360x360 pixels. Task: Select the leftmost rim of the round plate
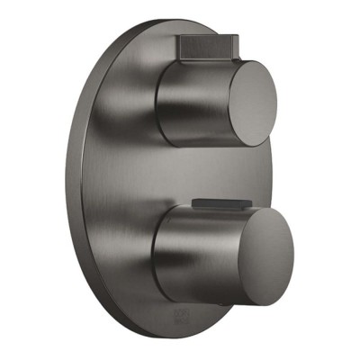pos(68,180)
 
